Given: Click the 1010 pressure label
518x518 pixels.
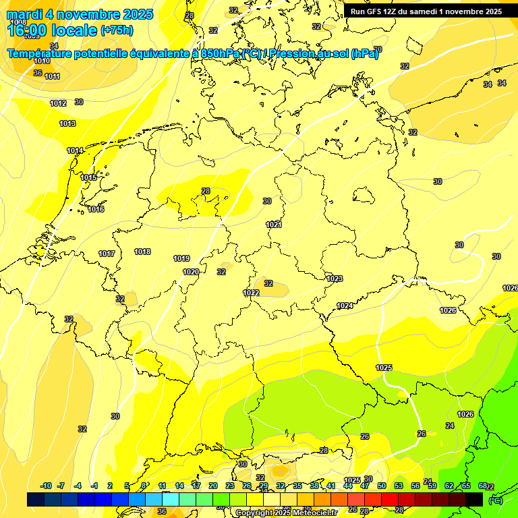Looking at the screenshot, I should [41, 61].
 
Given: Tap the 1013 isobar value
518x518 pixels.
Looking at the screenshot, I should [67, 123].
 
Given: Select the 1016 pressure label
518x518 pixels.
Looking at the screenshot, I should [96, 209].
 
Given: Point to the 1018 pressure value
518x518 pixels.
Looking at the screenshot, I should [142, 252].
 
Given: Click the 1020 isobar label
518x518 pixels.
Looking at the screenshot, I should [191, 272].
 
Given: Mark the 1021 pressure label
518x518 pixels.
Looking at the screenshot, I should [273, 225].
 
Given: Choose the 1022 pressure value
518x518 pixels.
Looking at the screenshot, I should [252, 293].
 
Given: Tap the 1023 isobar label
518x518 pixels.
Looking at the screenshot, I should [335, 279].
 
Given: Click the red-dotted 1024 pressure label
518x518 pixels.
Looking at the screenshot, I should [345, 306].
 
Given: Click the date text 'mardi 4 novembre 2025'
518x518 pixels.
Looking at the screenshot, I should [80, 14].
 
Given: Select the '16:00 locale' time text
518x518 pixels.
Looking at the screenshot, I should [51, 30].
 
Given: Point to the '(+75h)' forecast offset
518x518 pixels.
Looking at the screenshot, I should [117, 30].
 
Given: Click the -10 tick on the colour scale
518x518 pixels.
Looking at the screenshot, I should [47, 486].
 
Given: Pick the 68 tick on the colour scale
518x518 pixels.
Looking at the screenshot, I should [483, 486].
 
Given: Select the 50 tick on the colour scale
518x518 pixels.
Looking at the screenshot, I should [382, 486].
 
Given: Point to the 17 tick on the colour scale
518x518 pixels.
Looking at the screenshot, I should [196, 486].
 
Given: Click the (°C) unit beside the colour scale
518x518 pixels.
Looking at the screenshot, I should [496, 500].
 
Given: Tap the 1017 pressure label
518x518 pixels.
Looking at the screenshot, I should [107, 254].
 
